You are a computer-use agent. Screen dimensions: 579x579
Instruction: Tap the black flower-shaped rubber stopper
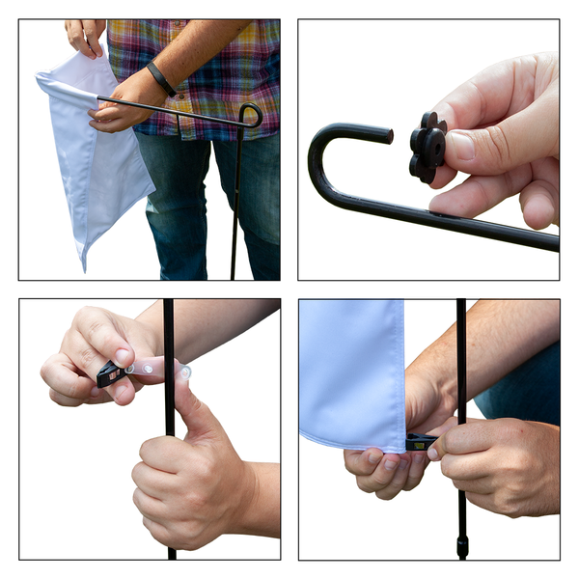[427, 148]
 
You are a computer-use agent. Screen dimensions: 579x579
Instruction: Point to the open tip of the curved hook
[388, 135]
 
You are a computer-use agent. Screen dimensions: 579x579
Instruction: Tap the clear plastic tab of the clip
[154, 368]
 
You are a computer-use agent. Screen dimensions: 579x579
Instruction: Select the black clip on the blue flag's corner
[420, 443]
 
